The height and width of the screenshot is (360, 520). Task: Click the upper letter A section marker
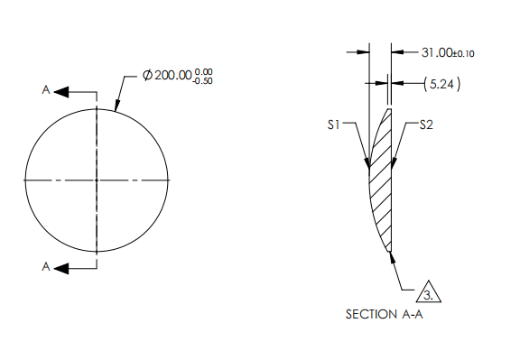(45, 91)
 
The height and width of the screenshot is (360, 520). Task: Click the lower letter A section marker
(45, 266)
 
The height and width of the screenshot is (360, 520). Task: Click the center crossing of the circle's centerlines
(97, 180)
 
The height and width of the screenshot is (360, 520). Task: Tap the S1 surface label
(333, 126)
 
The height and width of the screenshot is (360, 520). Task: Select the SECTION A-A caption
(384, 315)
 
